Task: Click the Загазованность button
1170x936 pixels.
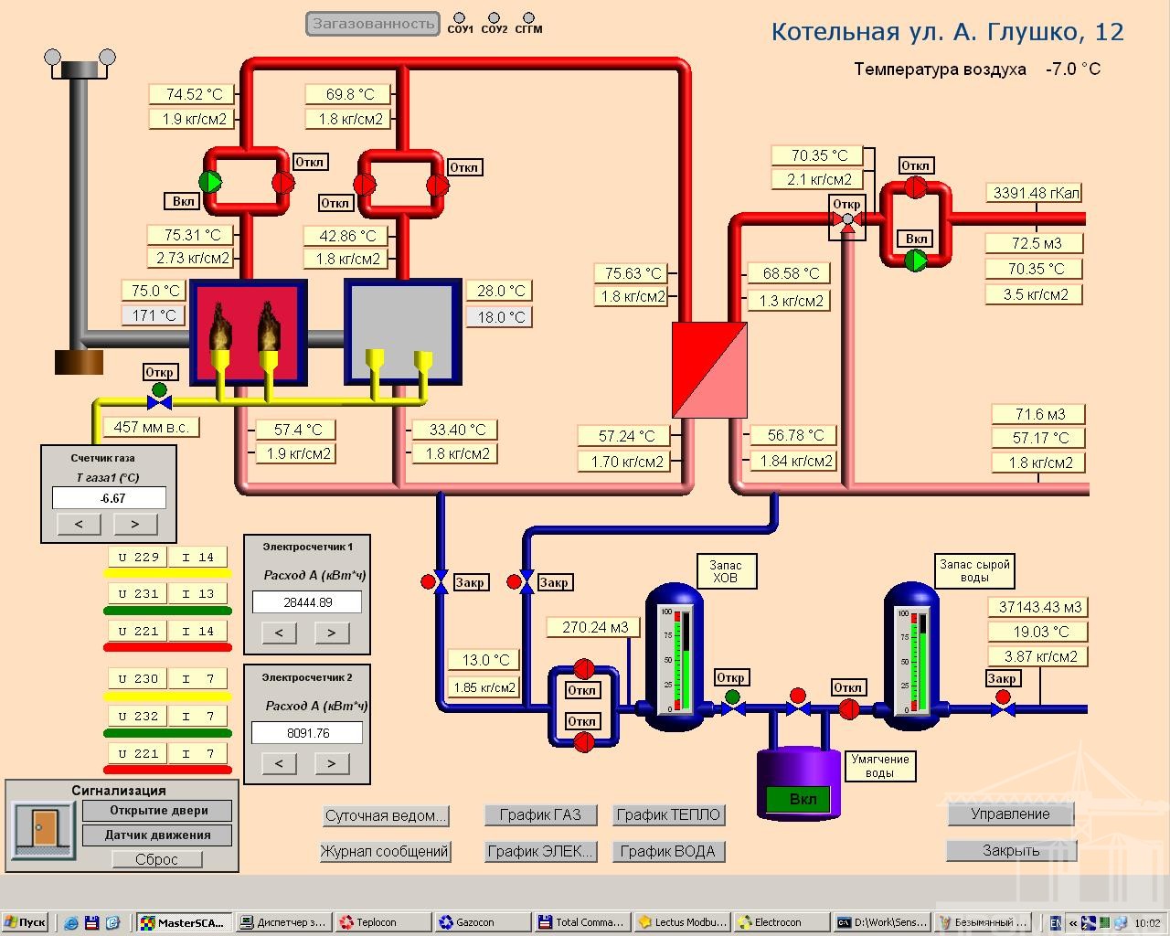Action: pos(372,24)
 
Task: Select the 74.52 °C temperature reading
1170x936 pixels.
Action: pos(192,94)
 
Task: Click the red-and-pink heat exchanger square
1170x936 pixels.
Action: pos(709,370)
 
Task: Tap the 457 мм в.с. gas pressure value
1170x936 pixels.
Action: pos(152,427)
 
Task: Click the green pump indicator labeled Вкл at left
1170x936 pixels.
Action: pos(210,182)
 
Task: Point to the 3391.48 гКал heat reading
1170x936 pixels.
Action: pos(1036,193)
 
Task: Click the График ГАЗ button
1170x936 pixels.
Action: pos(541,814)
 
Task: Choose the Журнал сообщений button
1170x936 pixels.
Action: pos(385,851)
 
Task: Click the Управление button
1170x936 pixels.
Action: pos(1010,814)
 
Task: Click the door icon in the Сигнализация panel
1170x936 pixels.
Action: pos(43,829)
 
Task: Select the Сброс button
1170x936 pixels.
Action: pos(156,859)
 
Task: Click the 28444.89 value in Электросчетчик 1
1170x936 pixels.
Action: pos(307,602)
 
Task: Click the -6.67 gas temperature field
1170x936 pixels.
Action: pos(110,498)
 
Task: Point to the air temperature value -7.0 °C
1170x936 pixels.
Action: pos(1073,69)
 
